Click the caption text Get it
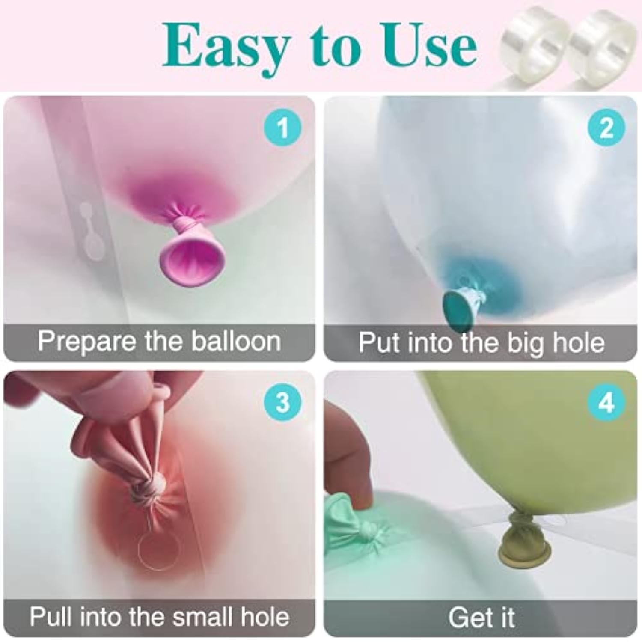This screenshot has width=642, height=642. [x=481, y=618]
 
